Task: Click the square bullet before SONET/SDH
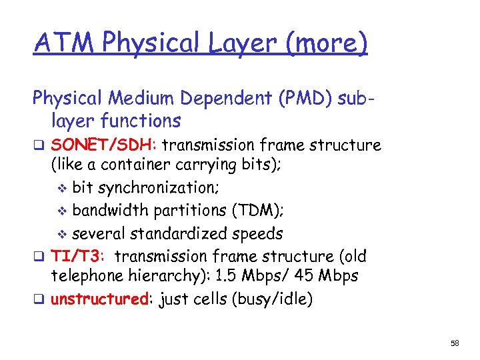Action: [x=39, y=146]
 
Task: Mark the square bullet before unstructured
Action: [x=39, y=300]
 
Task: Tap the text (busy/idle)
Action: [x=271, y=299]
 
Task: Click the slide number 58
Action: [x=455, y=343]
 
